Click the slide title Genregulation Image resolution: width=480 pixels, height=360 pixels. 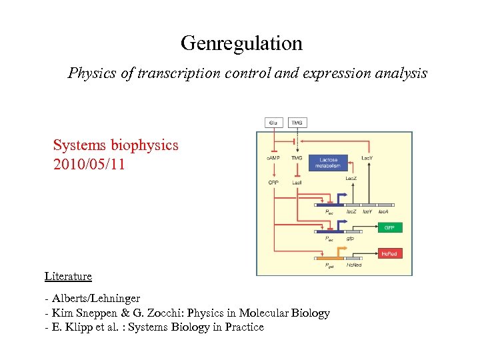241,44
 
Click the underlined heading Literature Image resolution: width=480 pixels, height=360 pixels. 68,276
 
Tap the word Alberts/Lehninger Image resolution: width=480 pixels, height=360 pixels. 95,299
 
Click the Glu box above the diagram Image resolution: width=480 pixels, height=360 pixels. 273,123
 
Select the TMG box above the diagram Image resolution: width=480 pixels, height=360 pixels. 297,123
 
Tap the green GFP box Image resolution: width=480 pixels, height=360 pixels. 390,227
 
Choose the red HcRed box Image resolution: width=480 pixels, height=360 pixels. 390,253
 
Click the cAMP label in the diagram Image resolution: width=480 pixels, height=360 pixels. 273,158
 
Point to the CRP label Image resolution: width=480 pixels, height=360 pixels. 273,182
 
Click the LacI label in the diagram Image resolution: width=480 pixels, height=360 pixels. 297,182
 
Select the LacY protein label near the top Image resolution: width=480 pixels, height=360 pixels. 367,158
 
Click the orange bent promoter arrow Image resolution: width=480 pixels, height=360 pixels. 339,251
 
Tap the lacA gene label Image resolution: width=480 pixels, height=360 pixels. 383,211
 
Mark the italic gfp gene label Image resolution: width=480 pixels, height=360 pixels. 350,238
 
